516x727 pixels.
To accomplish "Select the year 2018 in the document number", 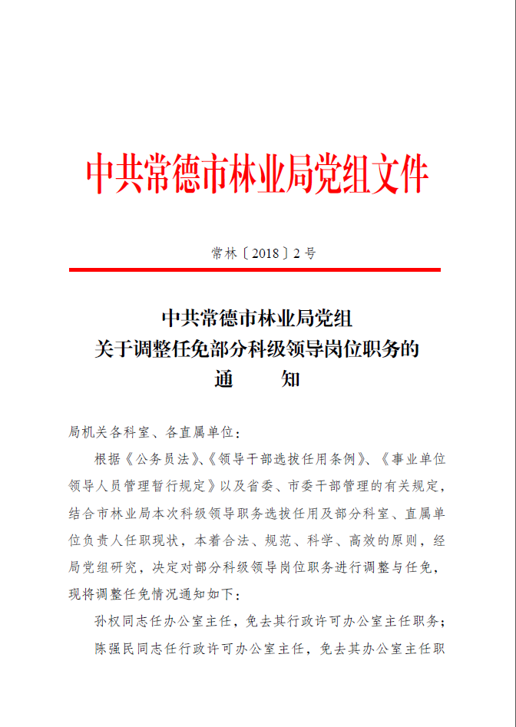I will pyautogui.click(x=266, y=253).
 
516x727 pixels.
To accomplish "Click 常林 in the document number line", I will pyautogui.click(x=224, y=253).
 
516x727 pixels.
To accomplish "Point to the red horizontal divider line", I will pyautogui.click(x=255, y=269).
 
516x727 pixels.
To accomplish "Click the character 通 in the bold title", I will pyautogui.click(x=223, y=378).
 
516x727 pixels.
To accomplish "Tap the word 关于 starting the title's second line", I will pyautogui.click(x=109, y=349).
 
